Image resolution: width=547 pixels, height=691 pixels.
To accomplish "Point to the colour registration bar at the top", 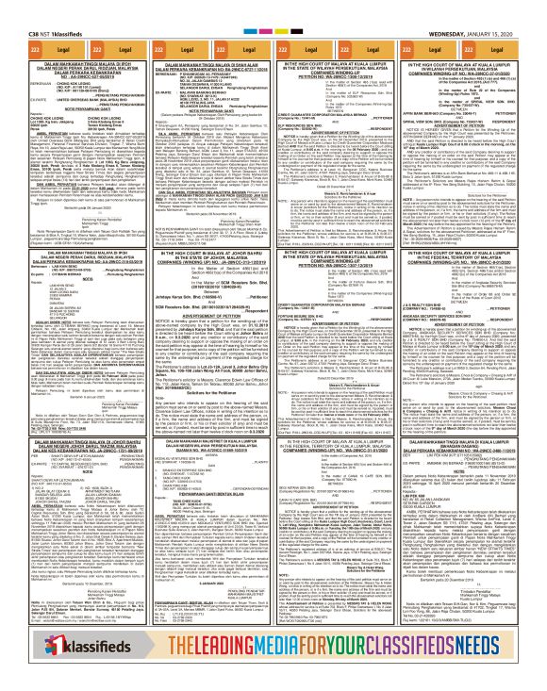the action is coord(273,3).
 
